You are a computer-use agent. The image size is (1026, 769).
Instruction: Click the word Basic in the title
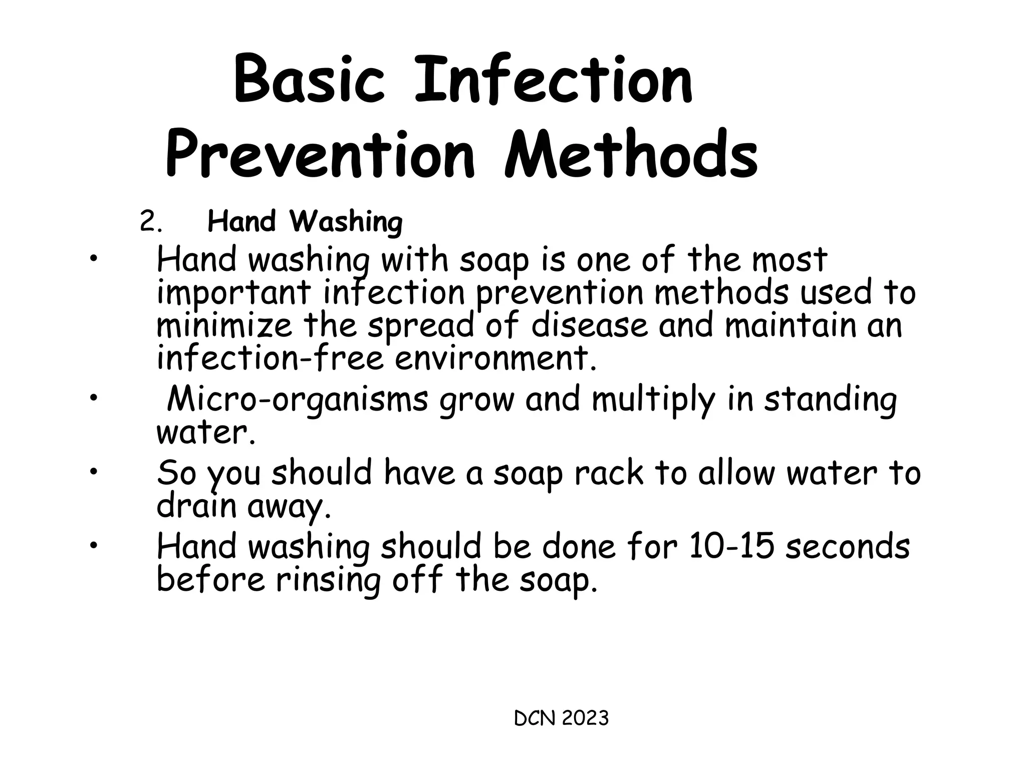point(309,81)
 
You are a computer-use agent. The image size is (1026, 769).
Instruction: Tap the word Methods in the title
point(631,154)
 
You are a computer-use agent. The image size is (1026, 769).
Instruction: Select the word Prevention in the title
point(320,154)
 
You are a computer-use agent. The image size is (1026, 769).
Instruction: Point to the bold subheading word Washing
point(346,222)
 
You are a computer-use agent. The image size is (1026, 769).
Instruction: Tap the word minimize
point(224,326)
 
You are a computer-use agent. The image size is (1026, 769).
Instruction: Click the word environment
point(495,358)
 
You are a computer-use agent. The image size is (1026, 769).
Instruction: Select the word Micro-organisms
point(298,401)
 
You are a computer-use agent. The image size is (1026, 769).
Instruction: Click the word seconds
point(847,547)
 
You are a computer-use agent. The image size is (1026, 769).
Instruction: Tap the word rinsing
point(328,580)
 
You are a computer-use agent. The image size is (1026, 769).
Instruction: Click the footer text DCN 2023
point(561,718)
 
